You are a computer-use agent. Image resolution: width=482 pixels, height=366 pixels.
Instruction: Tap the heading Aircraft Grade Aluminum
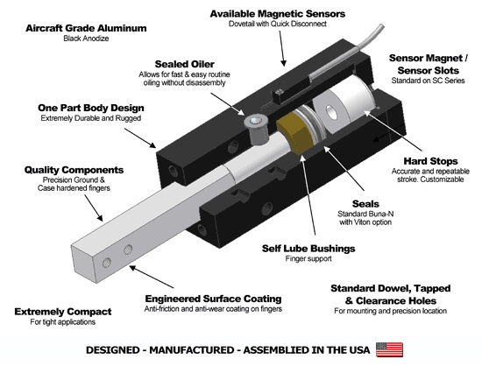78,27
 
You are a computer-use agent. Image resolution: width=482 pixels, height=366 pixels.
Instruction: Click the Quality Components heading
61,171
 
